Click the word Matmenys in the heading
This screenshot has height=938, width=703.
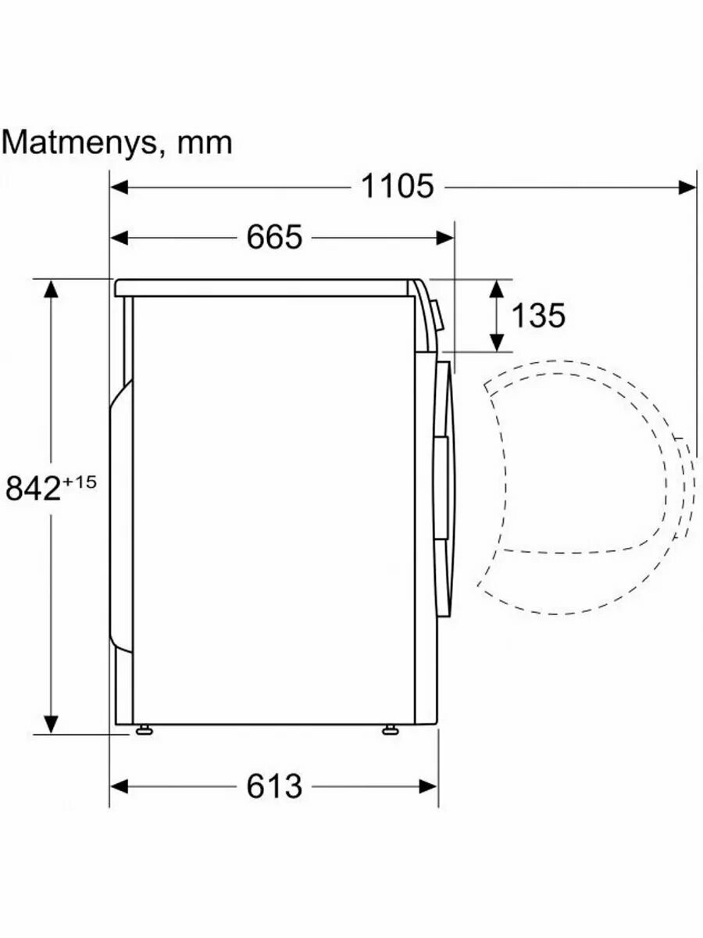(80, 145)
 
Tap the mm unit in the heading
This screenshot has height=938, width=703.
(205, 145)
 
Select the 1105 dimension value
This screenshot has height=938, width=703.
(398, 186)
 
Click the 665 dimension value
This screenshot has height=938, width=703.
(274, 238)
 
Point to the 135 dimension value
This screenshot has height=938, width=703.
(538, 315)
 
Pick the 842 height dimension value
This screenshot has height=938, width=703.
(33, 489)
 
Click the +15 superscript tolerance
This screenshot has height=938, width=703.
(80, 482)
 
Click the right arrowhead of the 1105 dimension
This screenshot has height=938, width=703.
(687, 187)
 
